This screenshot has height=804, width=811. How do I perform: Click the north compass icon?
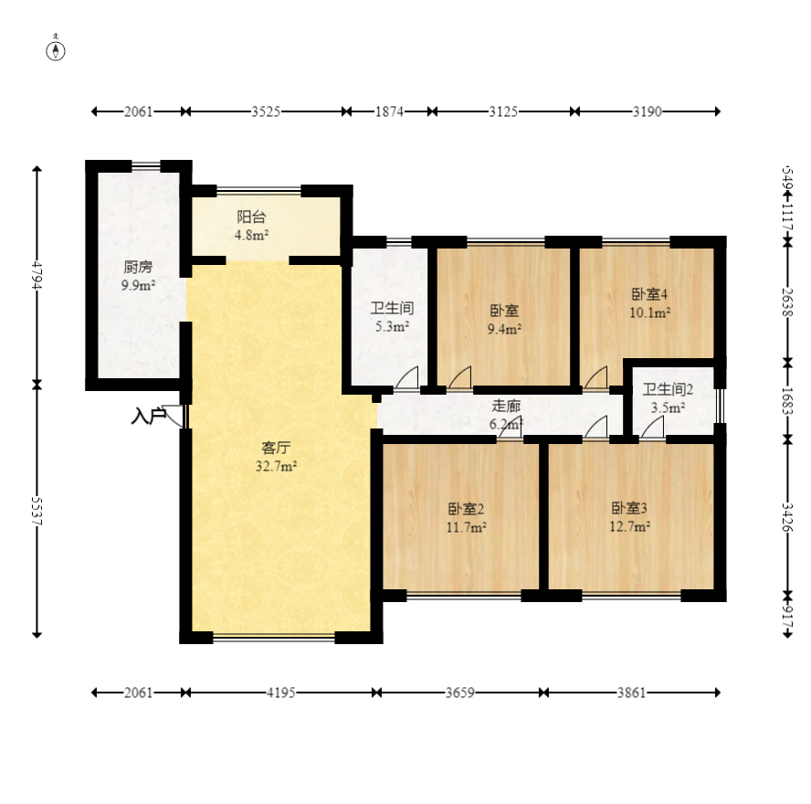tap(57, 49)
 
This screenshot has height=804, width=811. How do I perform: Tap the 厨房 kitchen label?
tap(138, 268)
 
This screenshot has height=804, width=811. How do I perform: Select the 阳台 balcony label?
tap(252, 217)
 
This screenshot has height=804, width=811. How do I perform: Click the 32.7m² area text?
tap(276, 466)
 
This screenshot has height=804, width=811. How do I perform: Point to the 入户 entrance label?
tap(148, 417)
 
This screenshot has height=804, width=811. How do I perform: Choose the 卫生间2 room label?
tap(668, 389)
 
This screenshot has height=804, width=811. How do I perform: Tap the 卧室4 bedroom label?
tap(650, 294)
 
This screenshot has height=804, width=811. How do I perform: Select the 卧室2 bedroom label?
tap(466, 509)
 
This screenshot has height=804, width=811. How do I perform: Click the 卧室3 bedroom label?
tap(630, 509)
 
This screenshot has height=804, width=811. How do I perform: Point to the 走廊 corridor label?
tap(506, 406)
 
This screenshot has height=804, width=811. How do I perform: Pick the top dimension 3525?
tap(265, 111)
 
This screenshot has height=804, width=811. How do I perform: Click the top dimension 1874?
tap(388, 111)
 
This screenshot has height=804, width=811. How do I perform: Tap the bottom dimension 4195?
tap(280, 693)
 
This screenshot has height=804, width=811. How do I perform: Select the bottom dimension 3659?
tap(459, 693)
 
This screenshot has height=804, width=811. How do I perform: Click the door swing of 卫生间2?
tap(652, 428)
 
